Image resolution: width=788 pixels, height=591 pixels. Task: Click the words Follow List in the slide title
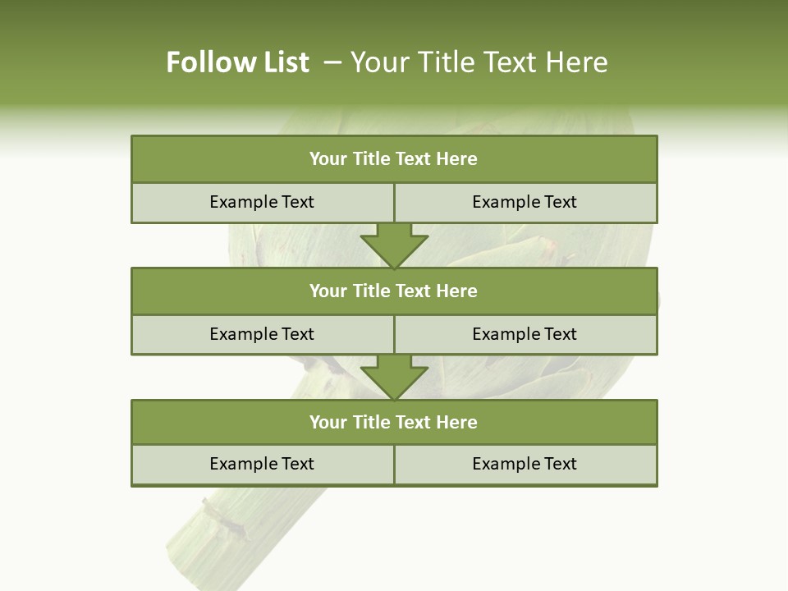tap(237, 62)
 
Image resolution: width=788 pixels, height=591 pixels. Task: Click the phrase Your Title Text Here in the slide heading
tap(479, 62)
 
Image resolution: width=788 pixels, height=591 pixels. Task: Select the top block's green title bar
tap(394, 159)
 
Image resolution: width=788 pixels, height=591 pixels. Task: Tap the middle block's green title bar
tap(394, 291)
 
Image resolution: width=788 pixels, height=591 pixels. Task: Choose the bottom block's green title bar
tap(394, 423)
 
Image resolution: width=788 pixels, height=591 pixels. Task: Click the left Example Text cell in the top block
tap(262, 203)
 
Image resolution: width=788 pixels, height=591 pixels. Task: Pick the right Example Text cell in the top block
tap(525, 203)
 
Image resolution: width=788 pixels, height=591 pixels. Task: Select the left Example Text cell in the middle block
tap(262, 335)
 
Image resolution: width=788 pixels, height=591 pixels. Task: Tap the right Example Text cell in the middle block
tap(525, 335)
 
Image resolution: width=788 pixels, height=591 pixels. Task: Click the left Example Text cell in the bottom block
tap(262, 465)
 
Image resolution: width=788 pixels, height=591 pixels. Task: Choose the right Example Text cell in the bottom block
tap(525, 465)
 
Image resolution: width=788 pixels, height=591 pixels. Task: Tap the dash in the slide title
tap(332, 62)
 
